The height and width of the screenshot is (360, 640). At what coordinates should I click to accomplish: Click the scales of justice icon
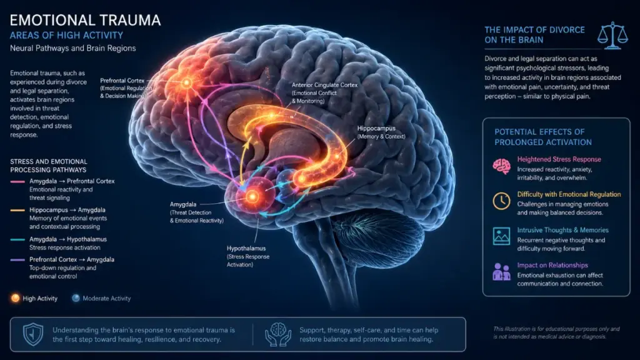(x=612, y=36)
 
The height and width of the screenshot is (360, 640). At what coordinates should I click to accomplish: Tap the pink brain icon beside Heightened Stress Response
(x=501, y=166)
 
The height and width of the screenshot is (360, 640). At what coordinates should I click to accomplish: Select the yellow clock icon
(x=501, y=201)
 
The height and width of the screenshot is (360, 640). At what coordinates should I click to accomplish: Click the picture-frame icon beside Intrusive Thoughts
(x=501, y=236)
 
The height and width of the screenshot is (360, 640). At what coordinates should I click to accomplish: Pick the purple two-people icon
(x=501, y=271)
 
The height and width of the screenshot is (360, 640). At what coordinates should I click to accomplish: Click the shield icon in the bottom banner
(x=33, y=334)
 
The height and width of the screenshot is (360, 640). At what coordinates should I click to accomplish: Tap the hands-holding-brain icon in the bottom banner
(x=278, y=335)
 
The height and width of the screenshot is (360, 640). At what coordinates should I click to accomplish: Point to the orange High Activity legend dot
(x=15, y=298)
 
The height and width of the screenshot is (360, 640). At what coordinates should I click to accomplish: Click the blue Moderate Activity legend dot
(x=76, y=298)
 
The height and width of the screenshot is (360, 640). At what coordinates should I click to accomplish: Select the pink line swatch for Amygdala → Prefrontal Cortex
(x=17, y=181)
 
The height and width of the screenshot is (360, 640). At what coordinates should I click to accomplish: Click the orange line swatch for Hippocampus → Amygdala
(x=17, y=210)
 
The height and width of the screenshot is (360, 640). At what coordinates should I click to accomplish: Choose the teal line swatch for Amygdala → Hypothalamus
(x=17, y=239)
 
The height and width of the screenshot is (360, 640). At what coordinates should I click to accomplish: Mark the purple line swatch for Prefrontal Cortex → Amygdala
(x=17, y=259)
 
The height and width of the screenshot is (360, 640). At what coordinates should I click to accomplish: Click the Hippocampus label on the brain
(x=376, y=128)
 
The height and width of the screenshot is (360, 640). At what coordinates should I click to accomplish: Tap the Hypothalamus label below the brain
(x=246, y=248)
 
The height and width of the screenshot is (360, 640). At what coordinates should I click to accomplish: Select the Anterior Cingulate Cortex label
(x=324, y=85)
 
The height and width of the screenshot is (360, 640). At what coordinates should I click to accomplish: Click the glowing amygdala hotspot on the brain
(x=252, y=197)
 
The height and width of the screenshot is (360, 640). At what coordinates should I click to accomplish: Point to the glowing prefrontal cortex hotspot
(x=186, y=83)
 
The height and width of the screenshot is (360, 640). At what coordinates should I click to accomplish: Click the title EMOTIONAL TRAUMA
(x=85, y=20)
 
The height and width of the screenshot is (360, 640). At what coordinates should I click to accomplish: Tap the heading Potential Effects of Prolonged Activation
(x=543, y=137)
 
